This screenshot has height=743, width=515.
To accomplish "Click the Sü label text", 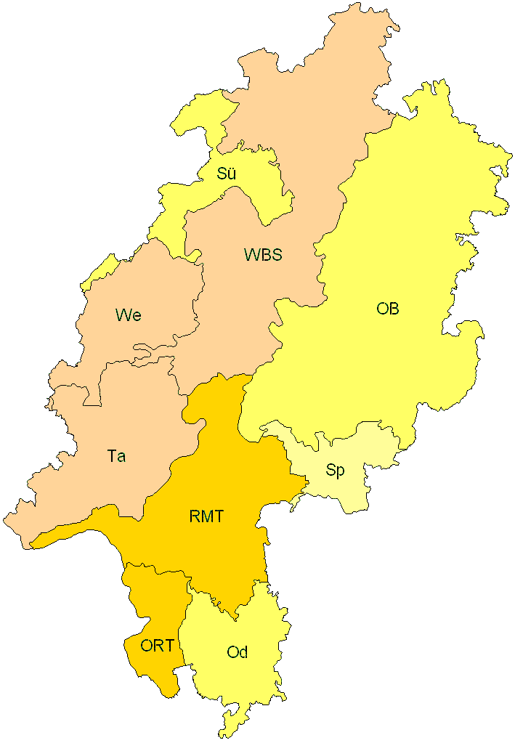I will tap(227, 174).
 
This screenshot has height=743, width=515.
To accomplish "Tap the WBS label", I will tap(262, 255).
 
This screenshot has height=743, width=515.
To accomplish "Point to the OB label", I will tap(387, 309).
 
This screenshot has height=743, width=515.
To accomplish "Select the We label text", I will tap(128, 315).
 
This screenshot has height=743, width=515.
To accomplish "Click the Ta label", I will tap(116, 456).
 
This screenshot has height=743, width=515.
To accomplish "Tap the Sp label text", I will tap(335, 470).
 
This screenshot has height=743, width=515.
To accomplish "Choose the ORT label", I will tap(157, 645).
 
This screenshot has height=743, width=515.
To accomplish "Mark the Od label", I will tap(238, 652).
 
